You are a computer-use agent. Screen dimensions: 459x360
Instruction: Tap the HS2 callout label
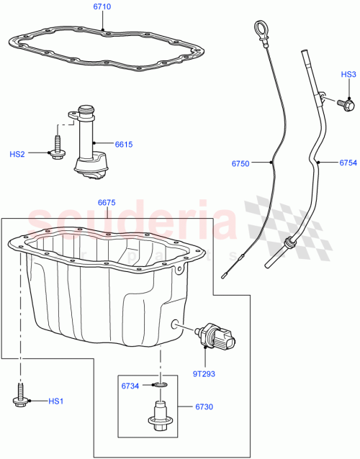click(x=17, y=154)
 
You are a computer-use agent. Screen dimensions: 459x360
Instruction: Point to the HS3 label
click(x=348, y=74)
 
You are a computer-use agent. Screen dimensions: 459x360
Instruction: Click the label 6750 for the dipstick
click(x=242, y=164)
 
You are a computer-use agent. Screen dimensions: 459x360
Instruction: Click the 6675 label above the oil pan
click(x=107, y=204)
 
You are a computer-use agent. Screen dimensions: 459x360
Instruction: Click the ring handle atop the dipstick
click(x=259, y=28)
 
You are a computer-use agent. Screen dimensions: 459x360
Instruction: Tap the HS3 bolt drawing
click(x=346, y=106)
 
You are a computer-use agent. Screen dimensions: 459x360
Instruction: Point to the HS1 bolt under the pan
click(x=20, y=398)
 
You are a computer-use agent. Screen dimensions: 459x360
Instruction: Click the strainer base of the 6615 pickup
click(x=91, y=165)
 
